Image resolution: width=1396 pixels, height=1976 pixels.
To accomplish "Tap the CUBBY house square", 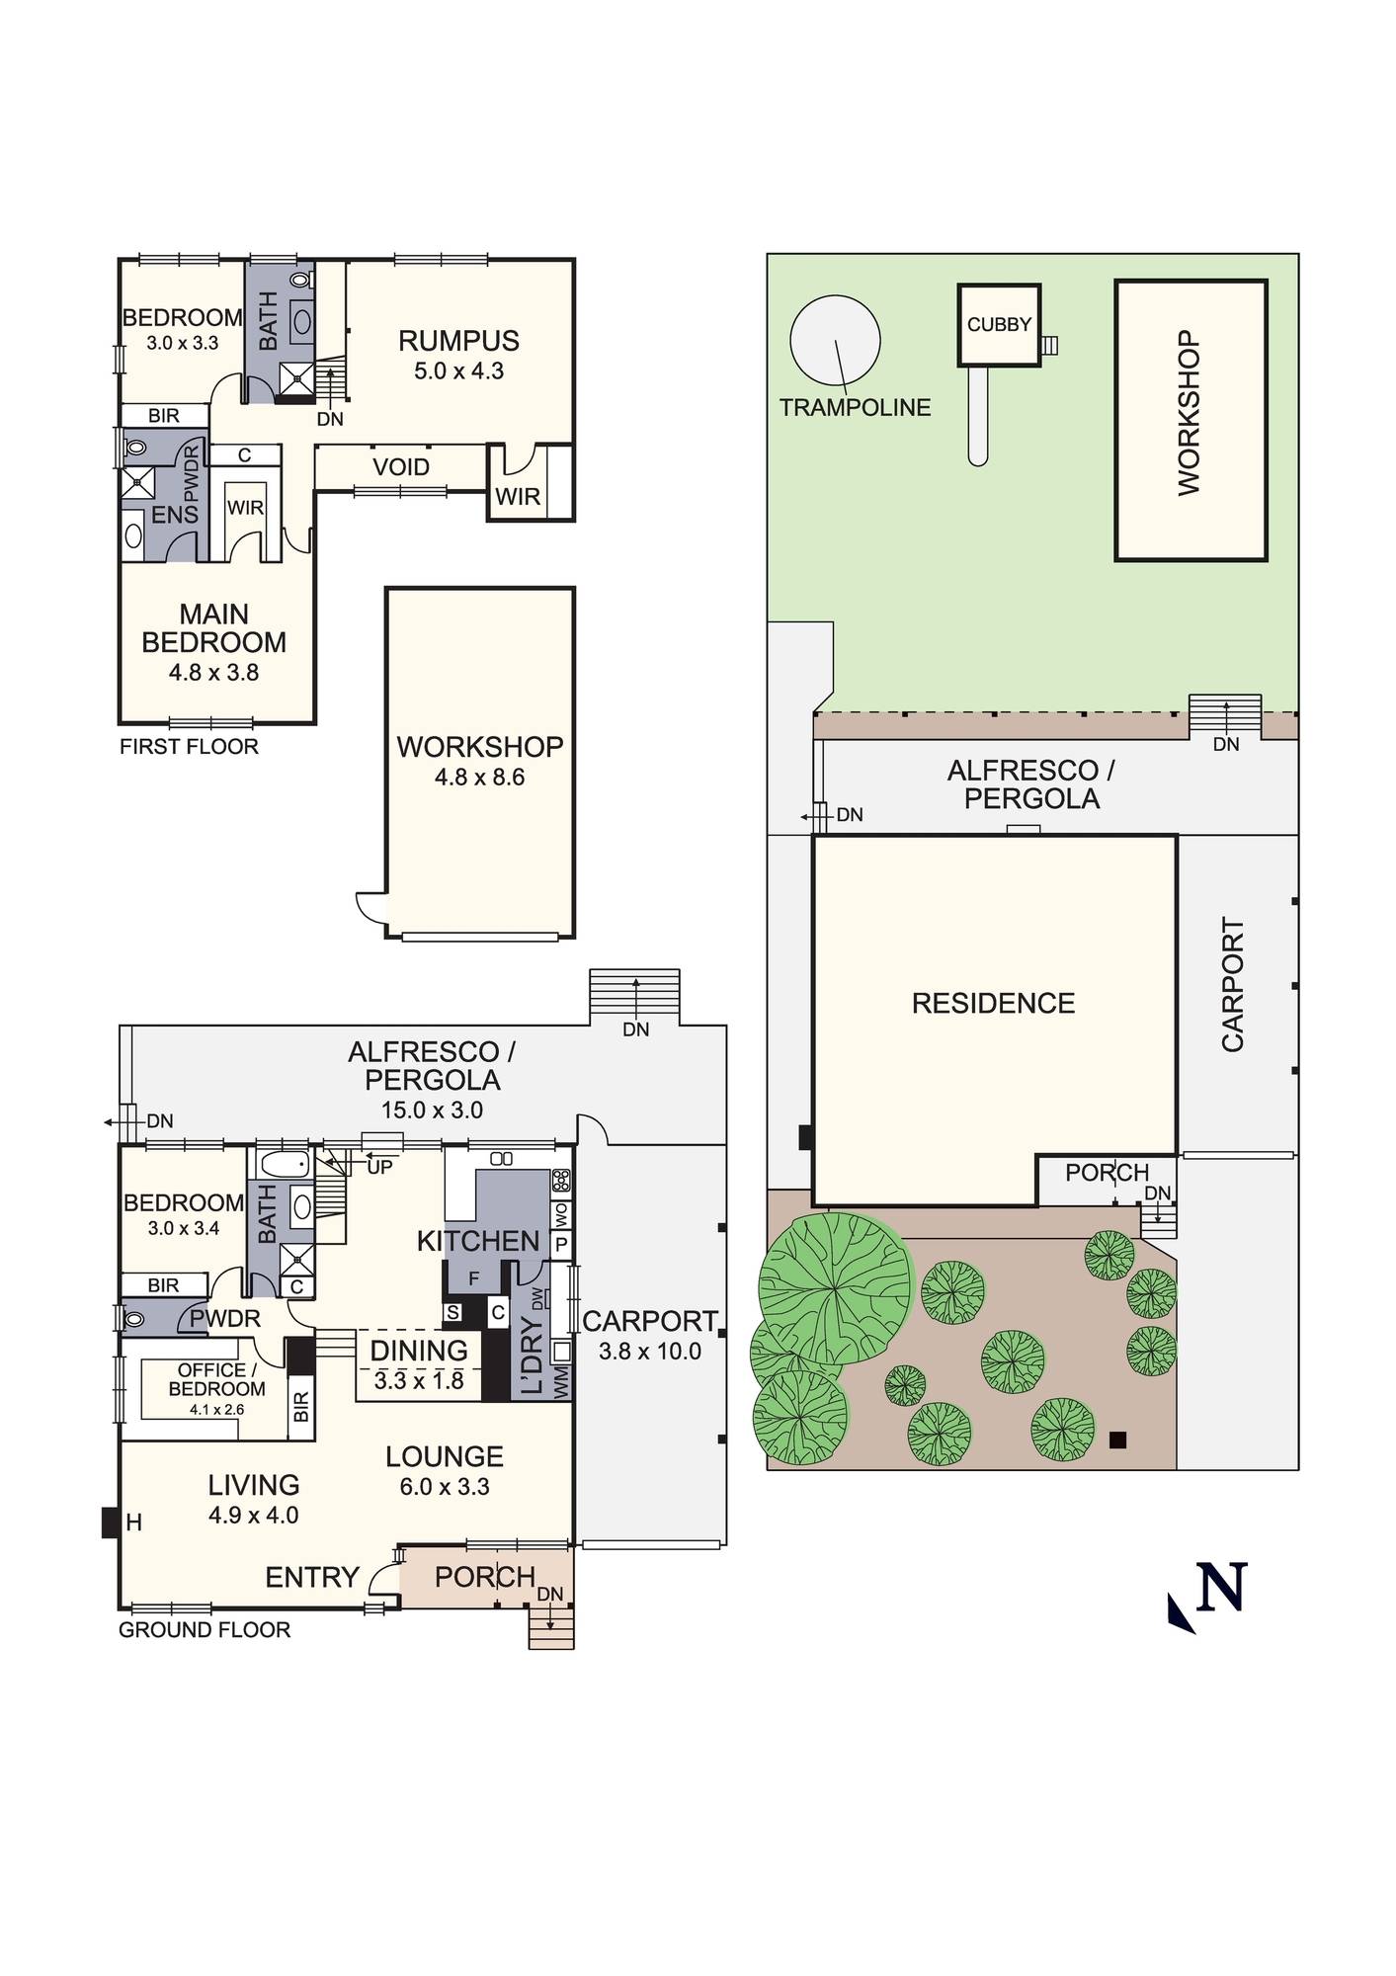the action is [958, 325].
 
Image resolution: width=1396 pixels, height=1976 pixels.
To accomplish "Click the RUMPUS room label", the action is [458, 341].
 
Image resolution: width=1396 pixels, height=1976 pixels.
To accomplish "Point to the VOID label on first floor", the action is [401, 467].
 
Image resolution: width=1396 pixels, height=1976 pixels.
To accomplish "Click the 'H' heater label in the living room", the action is [134, 1523].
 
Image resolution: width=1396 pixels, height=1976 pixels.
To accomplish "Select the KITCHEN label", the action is [478, 1241].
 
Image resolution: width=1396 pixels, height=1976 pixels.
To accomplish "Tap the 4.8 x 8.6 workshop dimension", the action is [479, 778].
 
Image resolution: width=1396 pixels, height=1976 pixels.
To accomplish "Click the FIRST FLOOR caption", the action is [189, 747].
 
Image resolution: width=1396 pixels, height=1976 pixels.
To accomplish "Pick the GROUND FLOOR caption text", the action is [205, 1630].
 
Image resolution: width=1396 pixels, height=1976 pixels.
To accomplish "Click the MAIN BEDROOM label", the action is [214, 628].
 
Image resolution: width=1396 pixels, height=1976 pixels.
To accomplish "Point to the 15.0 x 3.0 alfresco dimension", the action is [433, 1111].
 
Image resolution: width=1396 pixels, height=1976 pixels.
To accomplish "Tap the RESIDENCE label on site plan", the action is [993, 1004].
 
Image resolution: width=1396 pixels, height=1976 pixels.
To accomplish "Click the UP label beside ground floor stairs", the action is [379, 1167].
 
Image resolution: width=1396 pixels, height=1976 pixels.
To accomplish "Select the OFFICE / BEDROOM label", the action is [216, 1379].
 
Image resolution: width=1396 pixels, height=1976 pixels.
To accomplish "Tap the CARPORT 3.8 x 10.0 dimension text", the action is [650, 1352].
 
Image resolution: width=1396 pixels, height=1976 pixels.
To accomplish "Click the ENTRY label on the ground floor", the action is [312, 1578].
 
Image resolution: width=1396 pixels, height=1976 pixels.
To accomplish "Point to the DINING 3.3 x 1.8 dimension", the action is [419, 1381].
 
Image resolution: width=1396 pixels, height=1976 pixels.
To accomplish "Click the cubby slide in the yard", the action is [978, 415].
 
